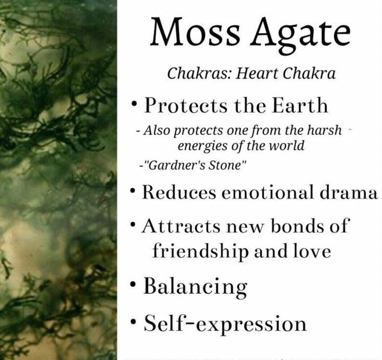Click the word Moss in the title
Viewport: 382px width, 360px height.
[195, 32]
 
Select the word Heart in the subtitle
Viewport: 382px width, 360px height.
[257, 73]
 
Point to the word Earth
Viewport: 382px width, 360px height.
[300, 105]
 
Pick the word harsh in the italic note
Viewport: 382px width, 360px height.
[324, 130]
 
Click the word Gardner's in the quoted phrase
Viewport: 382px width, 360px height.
[176, 166]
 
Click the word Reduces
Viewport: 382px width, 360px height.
[179, 192]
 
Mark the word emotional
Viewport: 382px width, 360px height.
[267, 192]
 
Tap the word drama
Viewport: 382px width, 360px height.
[348, 192]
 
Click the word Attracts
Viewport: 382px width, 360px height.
[180, 226]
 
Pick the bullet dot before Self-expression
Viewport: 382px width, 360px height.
[133, 322]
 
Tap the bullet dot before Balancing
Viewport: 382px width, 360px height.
[133, 284]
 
